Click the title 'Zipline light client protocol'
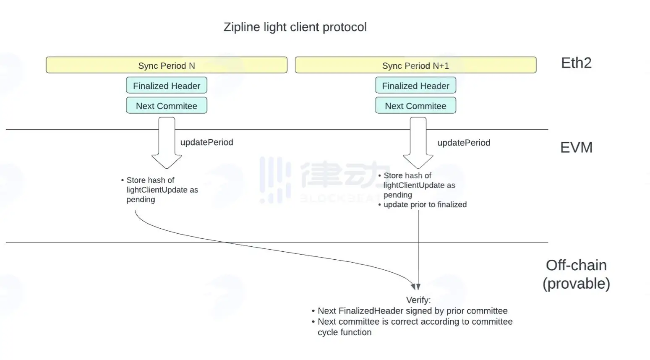coord(295,27)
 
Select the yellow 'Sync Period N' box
coord(167,65)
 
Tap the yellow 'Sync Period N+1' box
coord(415,65)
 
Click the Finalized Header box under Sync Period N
coord(167,85)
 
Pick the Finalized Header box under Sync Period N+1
coord(415,85)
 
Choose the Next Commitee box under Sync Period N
coord(167,105)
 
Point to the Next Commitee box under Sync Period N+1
coord(415,105)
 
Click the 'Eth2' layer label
coord(576,63)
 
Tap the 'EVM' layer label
coord(576,147)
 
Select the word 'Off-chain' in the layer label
coord(576,266)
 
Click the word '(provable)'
coord(576,284)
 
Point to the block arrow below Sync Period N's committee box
coord(167,143)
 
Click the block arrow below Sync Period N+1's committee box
coord(418,143)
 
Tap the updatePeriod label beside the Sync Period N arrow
coord(206,142)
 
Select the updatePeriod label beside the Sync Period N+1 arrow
coord(464,143)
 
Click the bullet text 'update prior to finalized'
coord(425,205)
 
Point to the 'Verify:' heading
coord(418,300)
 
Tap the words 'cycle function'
coord(345,332)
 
